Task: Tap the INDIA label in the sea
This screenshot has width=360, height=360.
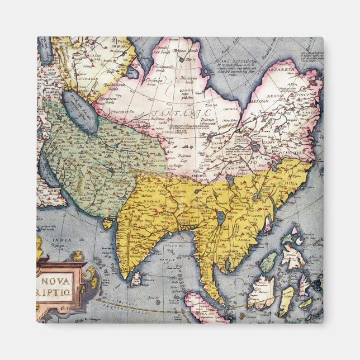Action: click(62, 241)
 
